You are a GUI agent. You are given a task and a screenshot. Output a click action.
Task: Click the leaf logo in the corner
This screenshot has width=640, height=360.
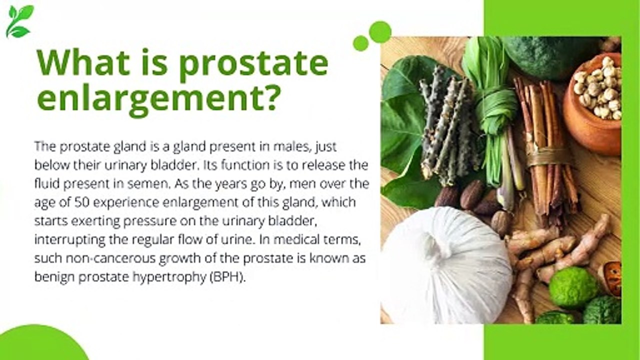pos(19,21)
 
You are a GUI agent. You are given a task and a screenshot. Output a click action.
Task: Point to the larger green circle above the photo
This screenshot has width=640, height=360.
pos(380,32)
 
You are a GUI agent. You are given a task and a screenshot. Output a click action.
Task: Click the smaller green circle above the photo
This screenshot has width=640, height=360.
pos(361,43)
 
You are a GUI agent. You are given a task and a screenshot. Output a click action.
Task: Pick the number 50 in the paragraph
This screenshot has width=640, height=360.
pos(82,202)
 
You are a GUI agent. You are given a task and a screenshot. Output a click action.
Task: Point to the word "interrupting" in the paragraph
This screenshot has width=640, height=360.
pos(70,240)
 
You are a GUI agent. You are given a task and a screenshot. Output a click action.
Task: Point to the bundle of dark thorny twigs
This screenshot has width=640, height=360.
pos(448,125)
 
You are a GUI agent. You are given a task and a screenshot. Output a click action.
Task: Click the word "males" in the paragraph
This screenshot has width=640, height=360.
pos(291,146)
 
